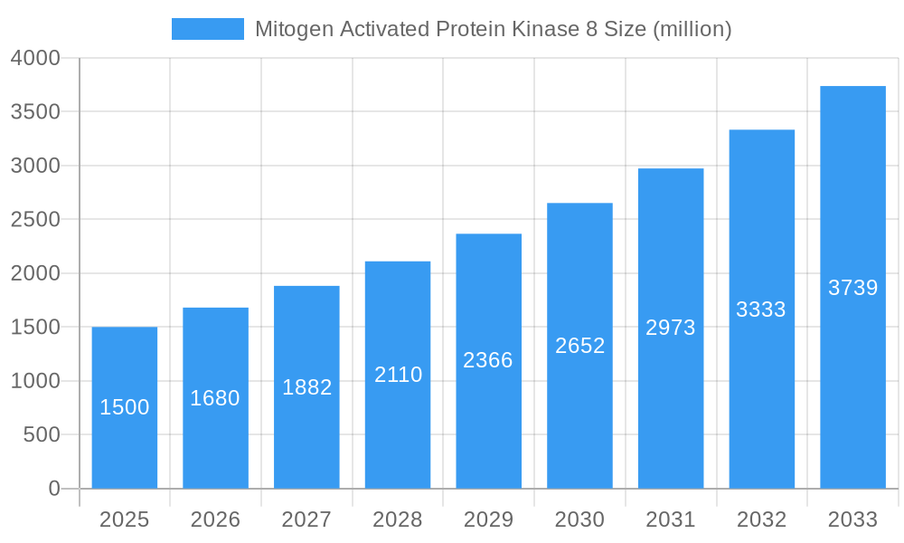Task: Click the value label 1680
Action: (x=215, y=398)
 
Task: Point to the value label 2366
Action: (x=488, y=360)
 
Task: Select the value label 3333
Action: (x=761, y=310)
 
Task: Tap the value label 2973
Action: (x=671, y=328)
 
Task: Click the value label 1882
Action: (x=307, y=387)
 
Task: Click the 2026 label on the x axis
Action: (x=215, y=519)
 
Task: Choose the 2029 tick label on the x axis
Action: (x=488, y=519)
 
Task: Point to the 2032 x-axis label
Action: (x=761, y=519)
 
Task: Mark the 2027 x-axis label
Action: (x=306, y=519)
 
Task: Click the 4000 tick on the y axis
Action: (x=35, y=58)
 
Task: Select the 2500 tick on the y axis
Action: (x=35, y=220)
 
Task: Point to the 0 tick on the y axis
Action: (x=54, y=489)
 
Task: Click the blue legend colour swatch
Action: (x=208, y=29)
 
